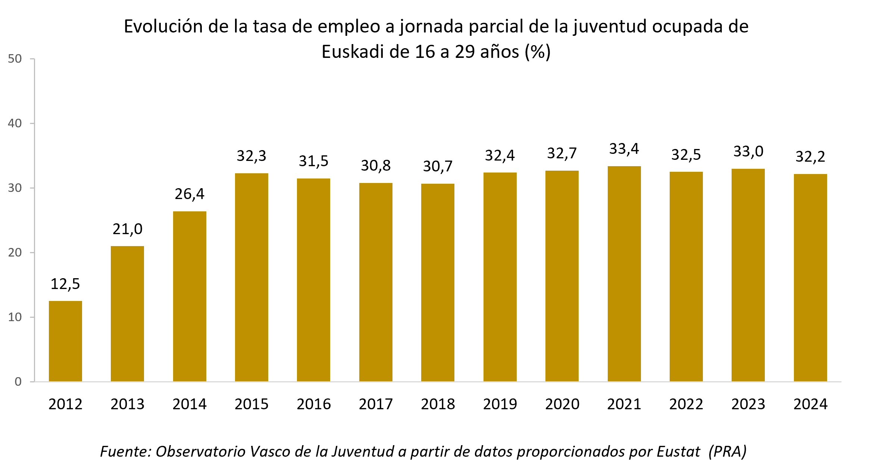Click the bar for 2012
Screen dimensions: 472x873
click(65, 341)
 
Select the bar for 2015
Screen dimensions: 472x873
click(251, 277)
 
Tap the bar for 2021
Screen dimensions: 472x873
click(624, 274)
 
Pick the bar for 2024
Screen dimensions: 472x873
click(810, 277)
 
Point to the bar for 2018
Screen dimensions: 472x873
click(438, 282)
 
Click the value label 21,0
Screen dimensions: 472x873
click(127, 229)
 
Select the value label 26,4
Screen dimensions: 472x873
click(190, 194)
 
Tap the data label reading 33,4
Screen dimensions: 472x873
click(624, 149)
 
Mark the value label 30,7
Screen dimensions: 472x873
click(438, 166)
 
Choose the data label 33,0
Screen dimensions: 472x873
click(748, 151)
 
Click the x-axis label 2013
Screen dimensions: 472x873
click(127, 404)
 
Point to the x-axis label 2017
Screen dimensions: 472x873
click(376, 404)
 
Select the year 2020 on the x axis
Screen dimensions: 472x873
click(562, 404)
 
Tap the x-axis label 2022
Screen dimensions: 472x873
click(686, 404)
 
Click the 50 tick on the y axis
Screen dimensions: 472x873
click(15, 59)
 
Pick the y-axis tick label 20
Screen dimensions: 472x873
click(15, 252)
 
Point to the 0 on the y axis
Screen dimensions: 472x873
click(18, 382)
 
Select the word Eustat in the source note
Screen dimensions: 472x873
click(678, 451)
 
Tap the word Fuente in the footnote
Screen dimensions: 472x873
click(125, 451)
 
